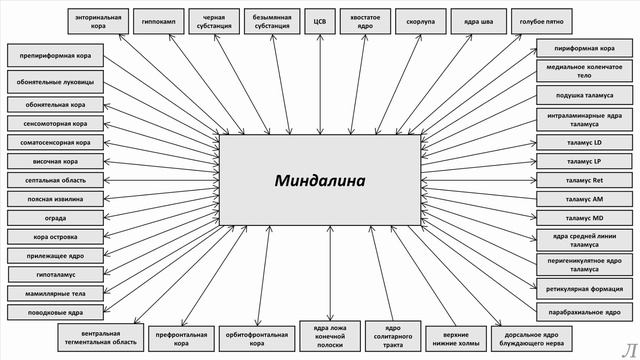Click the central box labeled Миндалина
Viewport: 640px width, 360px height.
pos(320,180)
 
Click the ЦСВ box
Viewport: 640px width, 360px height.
pos(320,19)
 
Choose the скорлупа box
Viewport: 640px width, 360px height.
pos(414,19)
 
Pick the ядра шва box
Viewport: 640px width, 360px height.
pos(471,19)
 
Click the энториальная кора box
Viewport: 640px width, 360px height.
pos(100,19)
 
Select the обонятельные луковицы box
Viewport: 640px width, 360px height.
pos(56,81)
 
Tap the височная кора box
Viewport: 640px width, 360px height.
pos(56,161)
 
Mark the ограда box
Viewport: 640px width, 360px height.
pos(56,218)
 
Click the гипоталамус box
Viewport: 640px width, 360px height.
pos(56,274)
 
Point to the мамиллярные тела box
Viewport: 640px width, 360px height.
pos(56,294)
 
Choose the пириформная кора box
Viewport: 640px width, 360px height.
pos(584,47)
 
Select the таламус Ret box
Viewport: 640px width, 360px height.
pos(584,180)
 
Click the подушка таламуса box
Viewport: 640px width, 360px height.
pos(584,95)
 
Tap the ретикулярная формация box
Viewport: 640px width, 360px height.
pos(584,289)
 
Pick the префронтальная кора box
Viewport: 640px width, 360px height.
pos(181,339)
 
